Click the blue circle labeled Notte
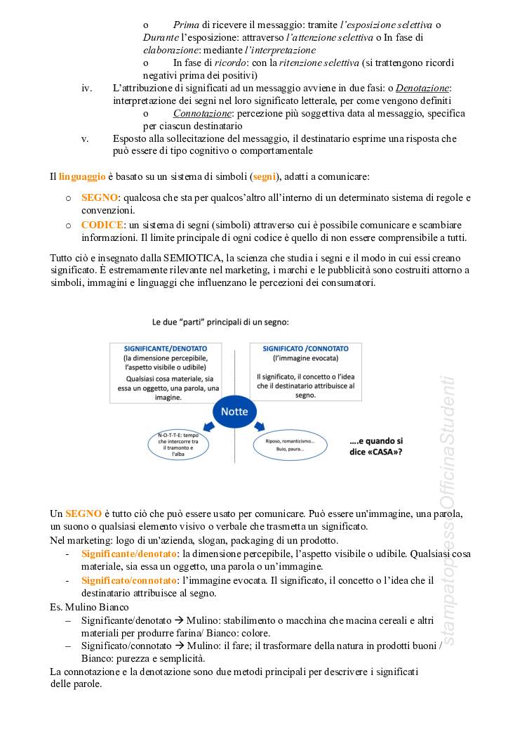point(234,412)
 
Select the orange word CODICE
point(102,225)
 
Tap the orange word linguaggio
point(82,175)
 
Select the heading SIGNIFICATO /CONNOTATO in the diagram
point(305,348)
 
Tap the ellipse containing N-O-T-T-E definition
point(178,445)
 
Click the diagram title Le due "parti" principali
point(220,322)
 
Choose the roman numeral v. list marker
point(86,138)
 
